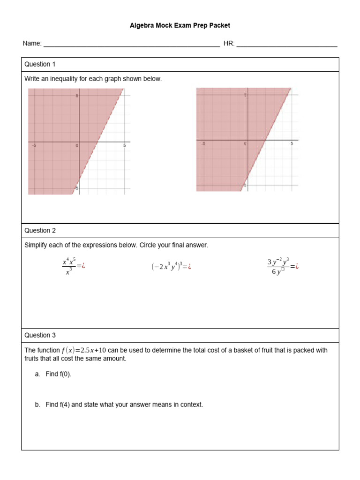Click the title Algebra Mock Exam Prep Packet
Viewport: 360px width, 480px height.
click(180, 26)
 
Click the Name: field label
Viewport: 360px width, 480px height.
click(32, 44)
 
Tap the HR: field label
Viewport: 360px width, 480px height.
click(229, 44)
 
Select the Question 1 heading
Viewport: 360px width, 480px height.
click(40, 64)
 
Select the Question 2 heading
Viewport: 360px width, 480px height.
click(40, 231)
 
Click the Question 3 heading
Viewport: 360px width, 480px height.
click(40, 335)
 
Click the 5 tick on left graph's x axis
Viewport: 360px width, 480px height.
click(124, 146)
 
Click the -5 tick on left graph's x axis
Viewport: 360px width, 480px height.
click(34, 146)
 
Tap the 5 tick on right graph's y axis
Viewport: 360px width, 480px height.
click(245, 95)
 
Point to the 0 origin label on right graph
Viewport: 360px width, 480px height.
click(245, 143)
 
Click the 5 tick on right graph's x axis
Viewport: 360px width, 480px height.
click(292, 143)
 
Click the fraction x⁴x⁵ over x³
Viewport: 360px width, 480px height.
click(68, 266)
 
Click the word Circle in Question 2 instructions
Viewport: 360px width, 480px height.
click(150, 245)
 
